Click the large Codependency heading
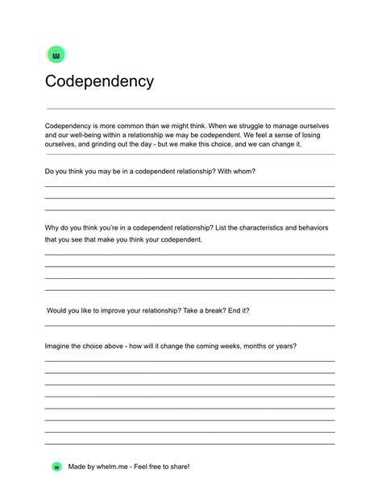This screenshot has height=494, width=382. pyautogui.click(x=99, y=81)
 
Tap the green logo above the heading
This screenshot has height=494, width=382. pyautogui.click(x=56, y=55)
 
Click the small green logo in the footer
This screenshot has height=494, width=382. pyautogui.click(x=56, y=467)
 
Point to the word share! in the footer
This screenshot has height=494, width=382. pyautogui.click(x=179, y=467)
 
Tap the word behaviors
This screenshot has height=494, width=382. pyautogui.click(x=335, y=228)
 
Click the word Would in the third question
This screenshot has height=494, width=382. pyautogui.click(x=58, y=310)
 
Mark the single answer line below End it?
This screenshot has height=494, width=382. pyautogui.click(x=189, y=325)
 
